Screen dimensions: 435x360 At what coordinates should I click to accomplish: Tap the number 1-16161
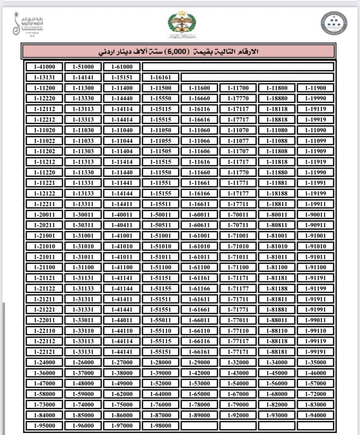161,78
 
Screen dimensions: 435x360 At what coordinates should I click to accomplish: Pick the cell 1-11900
316,88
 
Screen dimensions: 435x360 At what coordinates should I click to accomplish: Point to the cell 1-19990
316,99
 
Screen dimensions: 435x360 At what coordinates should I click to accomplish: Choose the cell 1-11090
316,130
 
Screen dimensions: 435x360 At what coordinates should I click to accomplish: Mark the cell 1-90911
316,225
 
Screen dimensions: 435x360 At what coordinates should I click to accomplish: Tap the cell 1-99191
316,352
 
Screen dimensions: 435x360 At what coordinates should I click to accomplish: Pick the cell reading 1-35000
316,362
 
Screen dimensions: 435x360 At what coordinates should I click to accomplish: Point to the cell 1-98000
161,426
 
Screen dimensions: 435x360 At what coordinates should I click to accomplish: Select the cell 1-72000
316,394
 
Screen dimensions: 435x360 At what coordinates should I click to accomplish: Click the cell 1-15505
161,151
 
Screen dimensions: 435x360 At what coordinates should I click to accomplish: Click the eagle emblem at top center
179,23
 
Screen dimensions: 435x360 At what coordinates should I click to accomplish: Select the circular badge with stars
333,23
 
